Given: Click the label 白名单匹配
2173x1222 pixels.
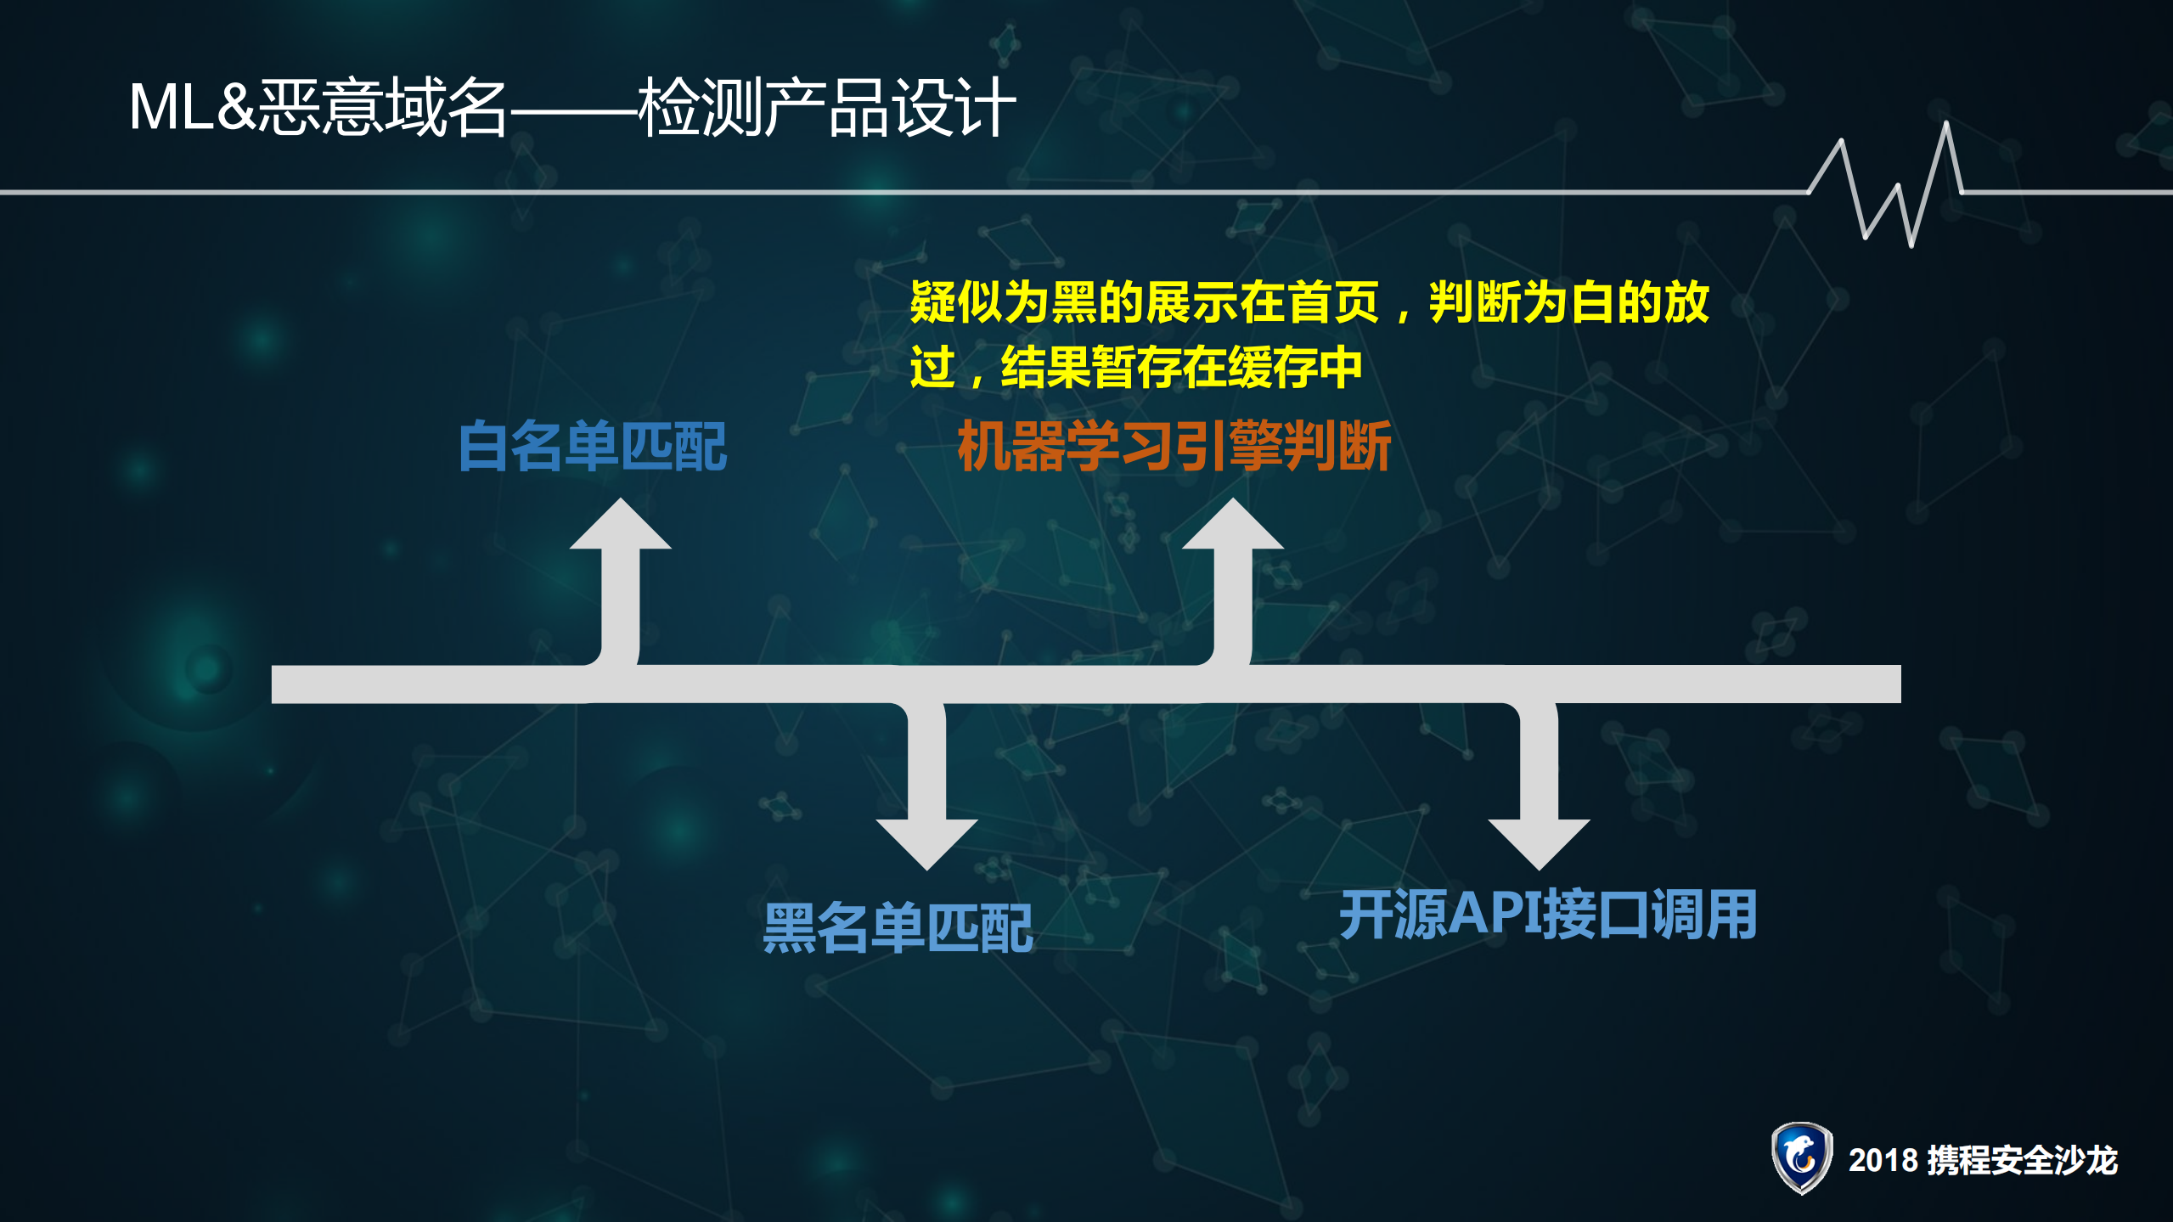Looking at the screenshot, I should (592, 446).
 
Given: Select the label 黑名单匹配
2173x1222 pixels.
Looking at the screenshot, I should (898, 927).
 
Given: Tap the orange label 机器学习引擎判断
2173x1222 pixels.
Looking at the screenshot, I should (1174, 446).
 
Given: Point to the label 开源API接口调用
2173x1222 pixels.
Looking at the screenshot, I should (1548, 915).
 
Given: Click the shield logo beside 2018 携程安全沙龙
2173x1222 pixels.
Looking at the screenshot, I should (1800, 1157).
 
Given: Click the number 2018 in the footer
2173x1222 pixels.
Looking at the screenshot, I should (1883, 1160).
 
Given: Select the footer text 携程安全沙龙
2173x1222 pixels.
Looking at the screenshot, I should (2022, 1160).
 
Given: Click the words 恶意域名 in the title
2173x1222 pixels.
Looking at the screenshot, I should (382, 108).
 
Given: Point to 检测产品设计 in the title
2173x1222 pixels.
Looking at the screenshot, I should (827, 108).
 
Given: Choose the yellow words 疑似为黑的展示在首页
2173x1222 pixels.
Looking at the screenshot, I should (1144, 302).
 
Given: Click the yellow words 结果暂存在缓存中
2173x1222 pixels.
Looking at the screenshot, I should (1182, 367).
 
